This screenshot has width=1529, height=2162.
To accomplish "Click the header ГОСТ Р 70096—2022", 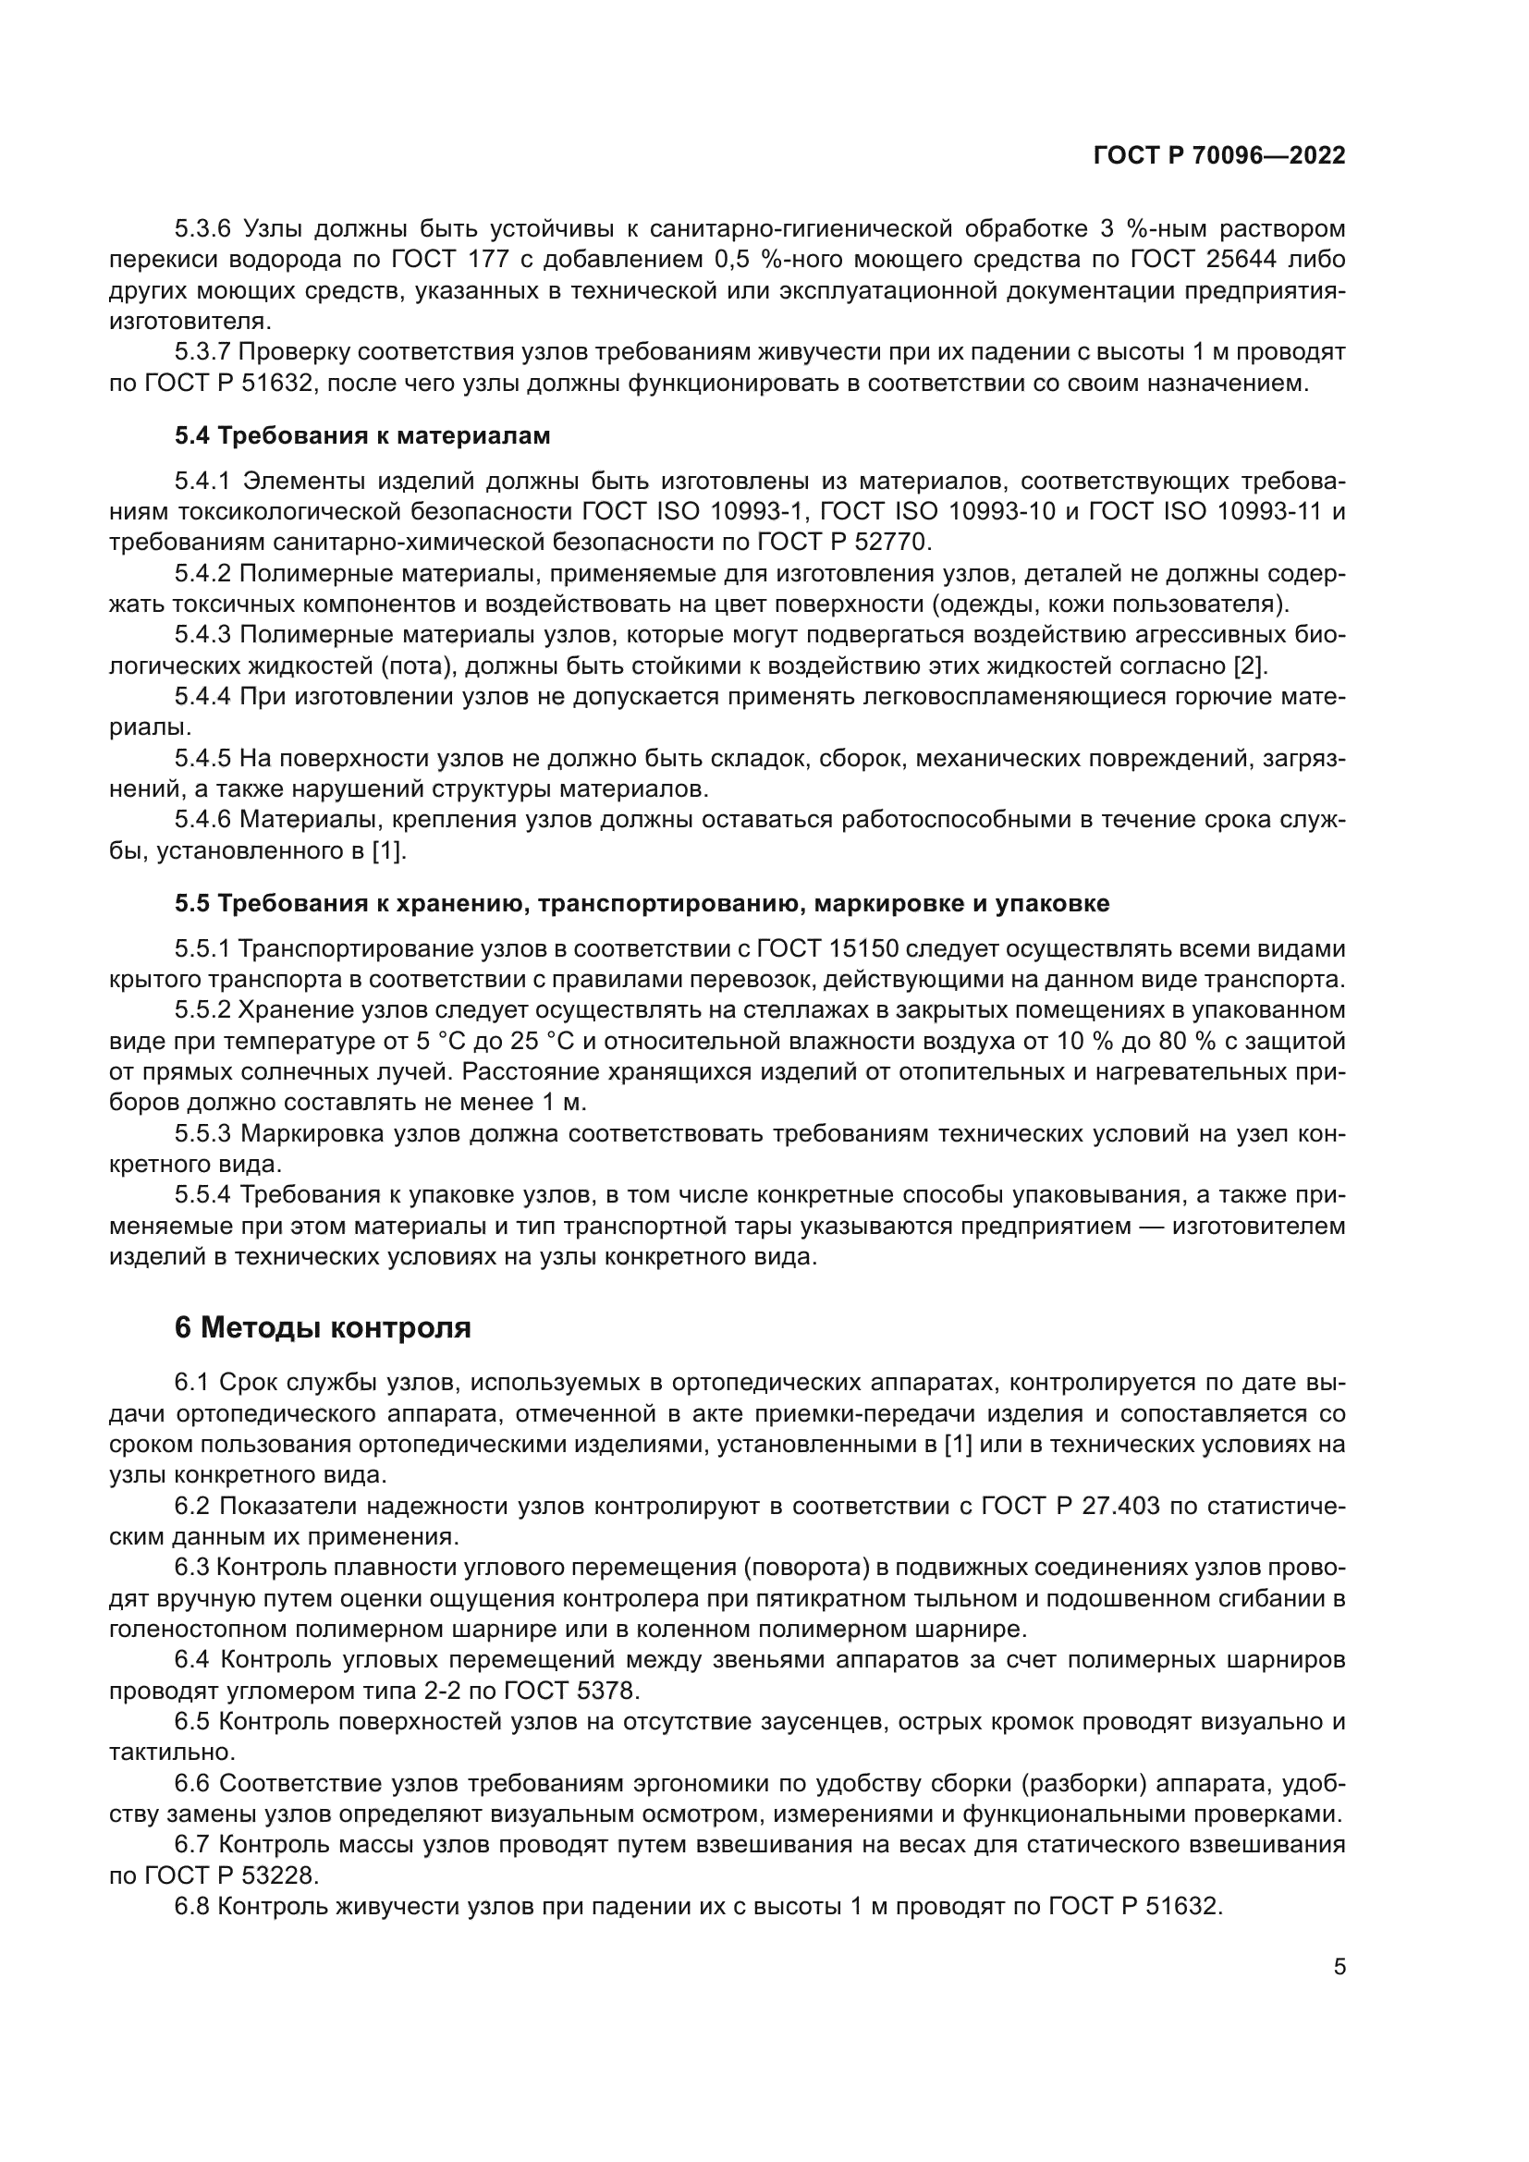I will click(x=1219, y=156).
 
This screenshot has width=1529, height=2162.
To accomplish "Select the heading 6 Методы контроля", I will click(x=323, y=1326).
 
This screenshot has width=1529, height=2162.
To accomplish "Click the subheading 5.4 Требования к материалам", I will click(x=362, y=436).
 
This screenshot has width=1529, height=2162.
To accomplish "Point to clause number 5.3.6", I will click(x=202, y=229).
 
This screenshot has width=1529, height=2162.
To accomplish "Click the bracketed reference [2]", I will click(x=1251, y=666).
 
